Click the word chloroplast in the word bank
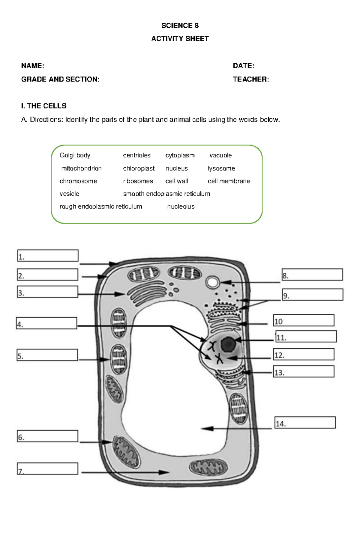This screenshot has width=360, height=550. click(139, 168)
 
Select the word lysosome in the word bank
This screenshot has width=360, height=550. click(221, 168)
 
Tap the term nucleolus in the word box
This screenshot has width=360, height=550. click(181, 207)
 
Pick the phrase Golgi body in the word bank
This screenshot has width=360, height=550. click(75, 155)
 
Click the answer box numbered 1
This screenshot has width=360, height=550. click(48, 256)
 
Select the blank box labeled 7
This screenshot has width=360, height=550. click(48, 468)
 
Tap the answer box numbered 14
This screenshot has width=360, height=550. click(305, 422)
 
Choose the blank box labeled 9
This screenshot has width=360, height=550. click(312, 295)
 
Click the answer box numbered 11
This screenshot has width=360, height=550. click(306, 336)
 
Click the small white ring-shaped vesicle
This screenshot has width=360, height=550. click(212, 282)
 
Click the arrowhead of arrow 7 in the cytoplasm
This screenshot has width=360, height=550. click(164, 472)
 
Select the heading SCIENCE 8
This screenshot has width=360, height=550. click(180, 25)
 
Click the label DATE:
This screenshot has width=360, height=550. click(243, 66)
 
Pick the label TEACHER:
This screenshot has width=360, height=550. click(251, 79)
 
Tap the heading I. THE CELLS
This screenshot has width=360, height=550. click(44, 106)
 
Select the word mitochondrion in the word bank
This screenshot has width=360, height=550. click(81, 168)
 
